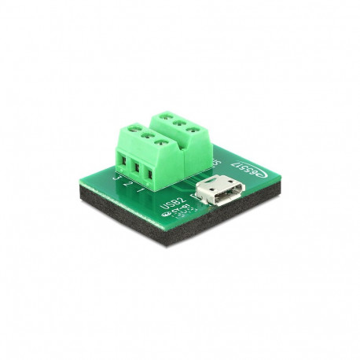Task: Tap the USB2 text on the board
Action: pyautogui.click(x=167, y=209)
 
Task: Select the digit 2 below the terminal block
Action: pyautogui.click(x=129, y=185)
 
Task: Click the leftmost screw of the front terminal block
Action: pyautogui.click(x=133, y=128)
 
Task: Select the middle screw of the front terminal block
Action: pyautogui.click(x=146, y=134)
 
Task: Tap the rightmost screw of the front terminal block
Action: pyautogui.click(x=160, y=141)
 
